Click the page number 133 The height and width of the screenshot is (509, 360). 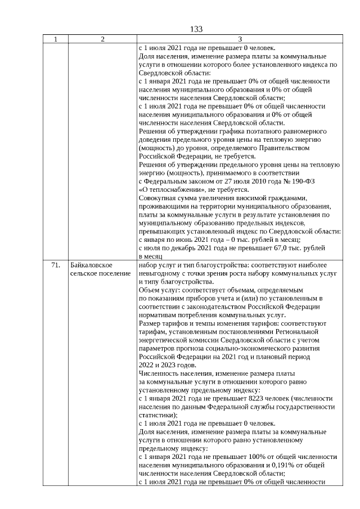[196, 29]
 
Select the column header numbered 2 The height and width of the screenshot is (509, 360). [102, 39]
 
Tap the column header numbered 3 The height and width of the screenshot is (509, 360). [240, 39]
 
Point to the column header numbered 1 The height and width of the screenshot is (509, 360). [55, 39]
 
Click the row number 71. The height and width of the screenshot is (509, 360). [55, 264]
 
